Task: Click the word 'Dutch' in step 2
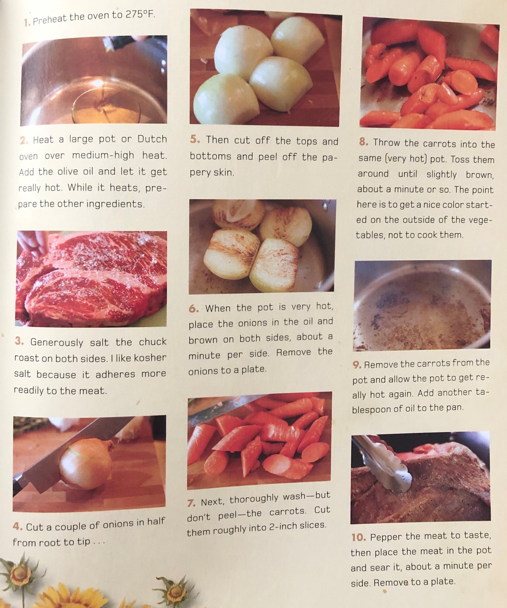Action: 152,139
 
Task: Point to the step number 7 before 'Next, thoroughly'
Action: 191,503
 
